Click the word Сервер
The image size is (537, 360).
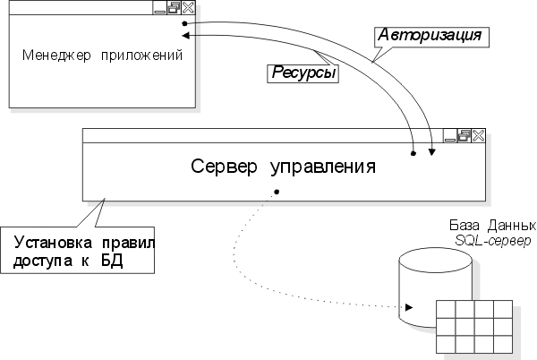223,166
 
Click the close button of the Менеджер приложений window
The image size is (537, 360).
188,8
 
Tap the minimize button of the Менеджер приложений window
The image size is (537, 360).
159,8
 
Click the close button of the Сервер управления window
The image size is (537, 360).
477,135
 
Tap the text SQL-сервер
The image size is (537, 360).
492,241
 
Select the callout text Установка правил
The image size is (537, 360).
84,243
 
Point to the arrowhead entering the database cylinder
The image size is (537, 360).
408,307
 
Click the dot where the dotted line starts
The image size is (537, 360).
277,191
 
